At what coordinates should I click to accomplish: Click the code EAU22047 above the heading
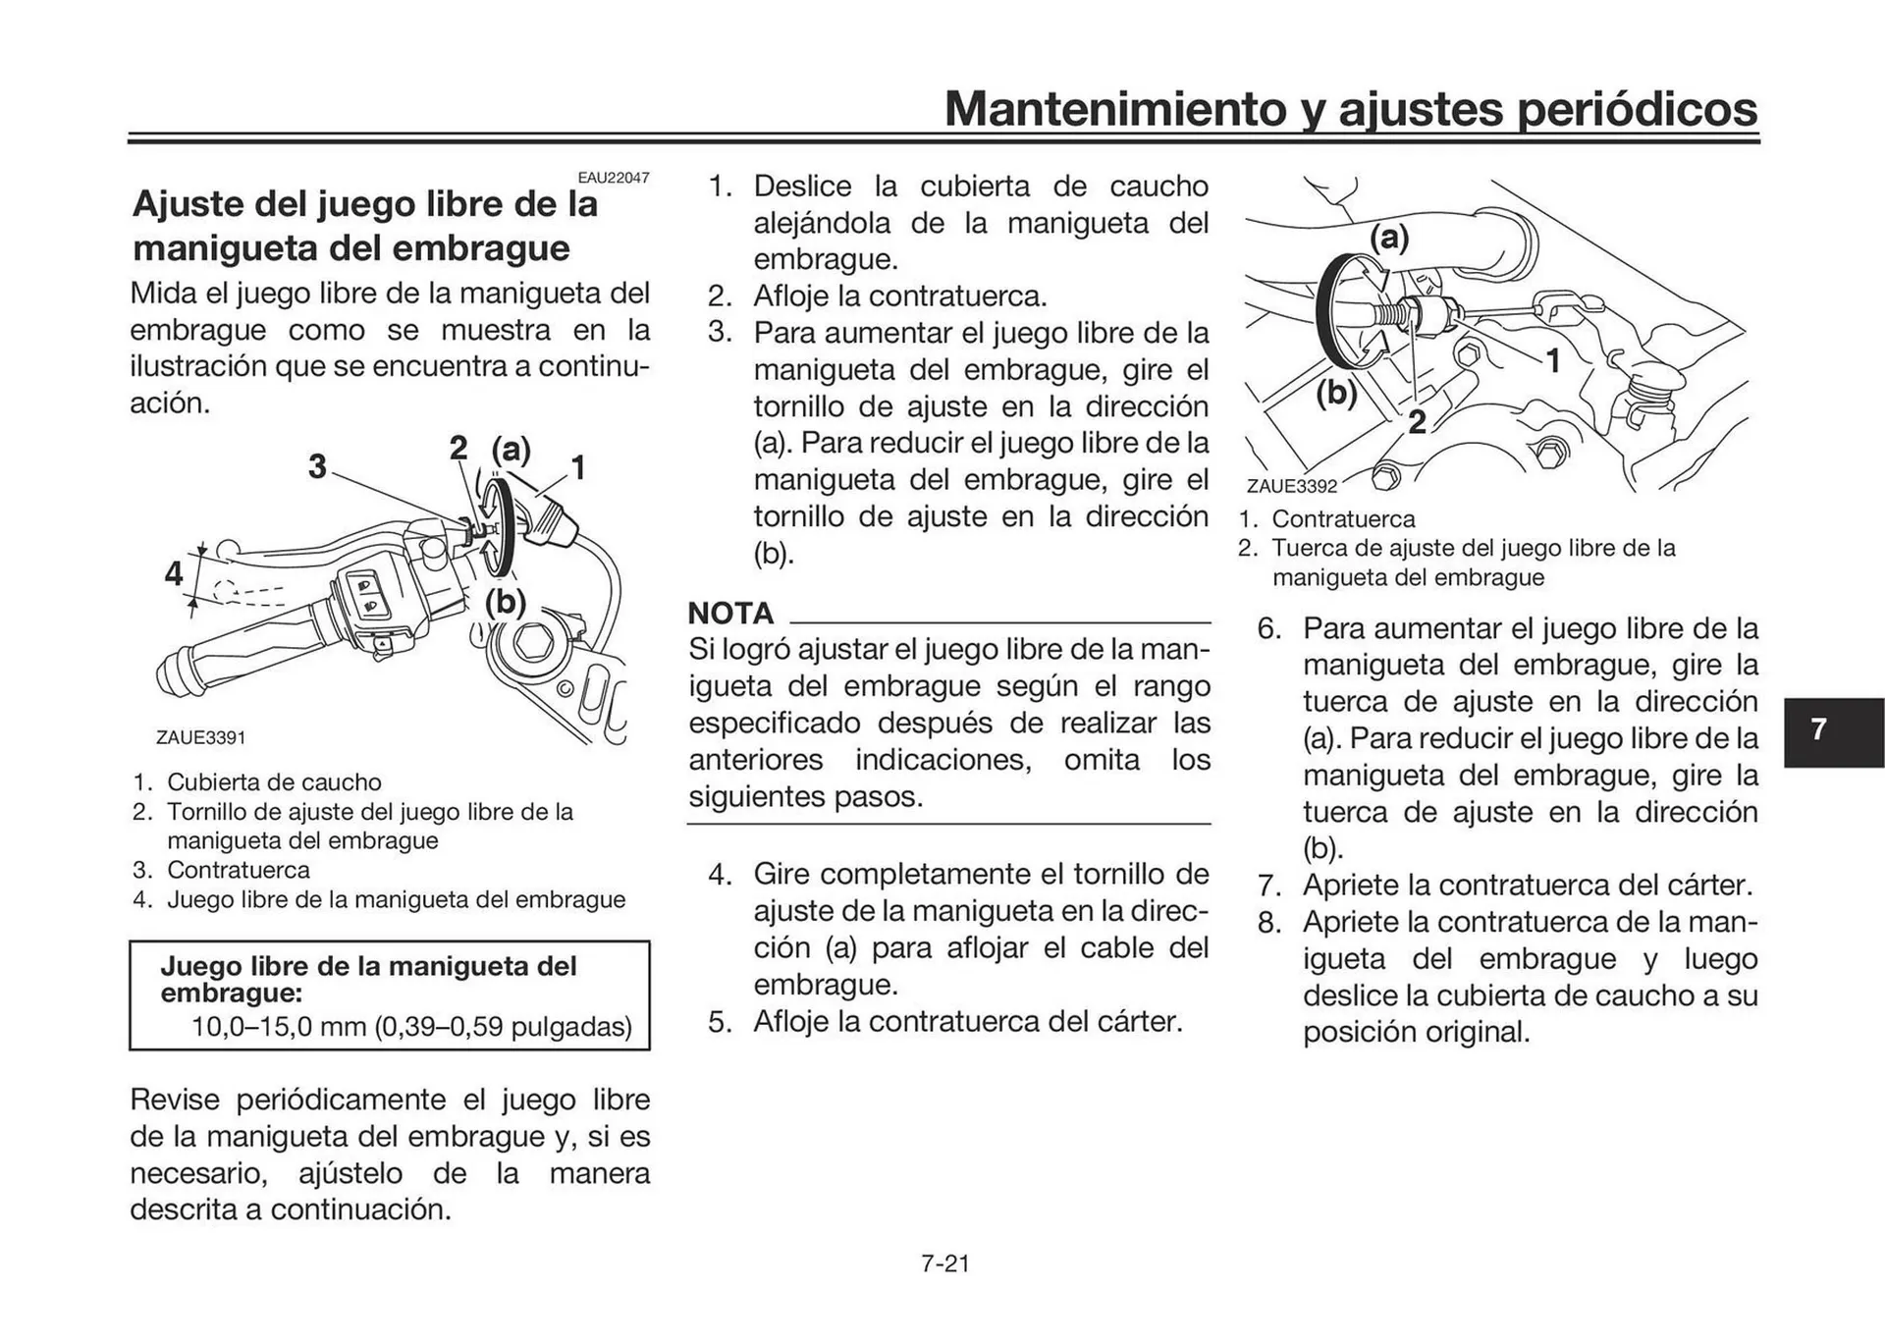pos(613,178)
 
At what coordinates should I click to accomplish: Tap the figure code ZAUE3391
pos(200,737)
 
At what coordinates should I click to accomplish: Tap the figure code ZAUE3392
pos(1291,486)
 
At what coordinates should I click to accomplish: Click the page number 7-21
pos(944,1263)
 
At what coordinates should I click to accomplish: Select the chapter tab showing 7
pos(1818,729)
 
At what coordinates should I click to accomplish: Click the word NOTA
pos(730,614)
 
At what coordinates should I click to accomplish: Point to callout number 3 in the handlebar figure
pos(316,466)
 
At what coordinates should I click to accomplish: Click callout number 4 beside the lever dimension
pos(174,573)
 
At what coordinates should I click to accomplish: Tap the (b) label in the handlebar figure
pos(507,601)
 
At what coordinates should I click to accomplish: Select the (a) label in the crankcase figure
pos(1388,238)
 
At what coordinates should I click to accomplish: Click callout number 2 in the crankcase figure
pos(1417,422)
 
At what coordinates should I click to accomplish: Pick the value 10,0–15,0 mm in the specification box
pos(279,1027)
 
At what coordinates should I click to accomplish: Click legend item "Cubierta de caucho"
pos(273,782)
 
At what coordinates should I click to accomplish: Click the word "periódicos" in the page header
pos(1637,109)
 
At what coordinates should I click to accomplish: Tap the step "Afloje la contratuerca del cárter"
pos(967,1022)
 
